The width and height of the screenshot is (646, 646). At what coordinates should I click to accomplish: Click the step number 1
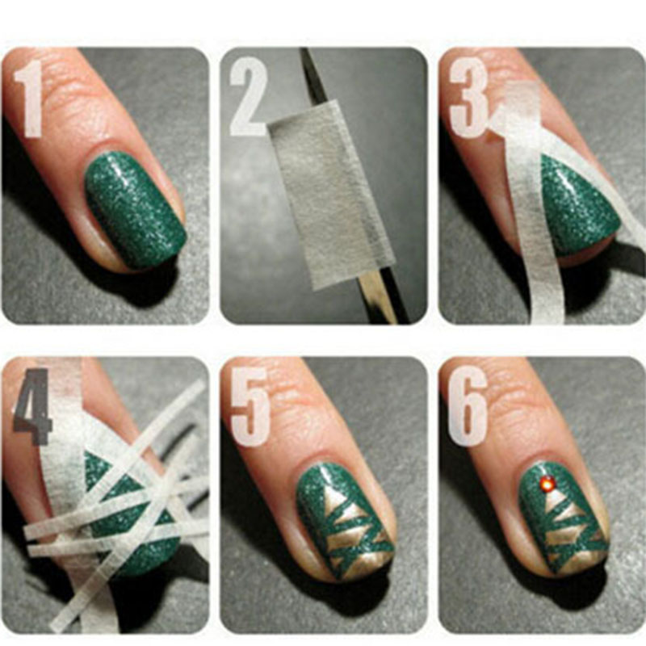[29, 98]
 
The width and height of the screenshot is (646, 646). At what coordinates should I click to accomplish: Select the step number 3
[468, 97]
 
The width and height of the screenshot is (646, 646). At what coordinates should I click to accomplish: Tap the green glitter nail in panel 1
[134, 209]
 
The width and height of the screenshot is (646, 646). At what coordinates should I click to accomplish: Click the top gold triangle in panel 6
[553, 500]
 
